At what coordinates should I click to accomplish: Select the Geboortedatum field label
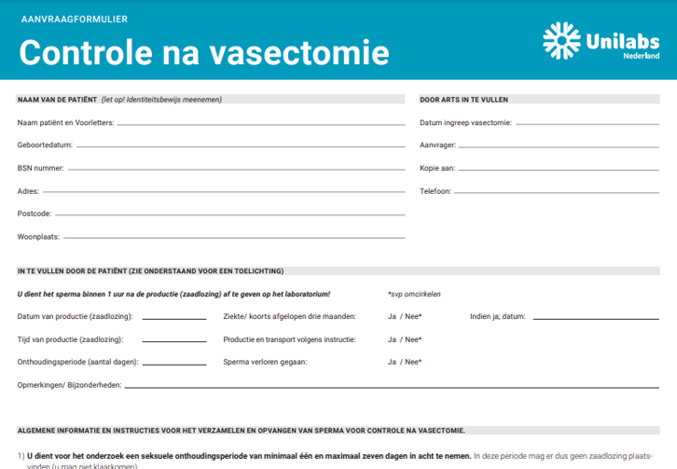point(44,145)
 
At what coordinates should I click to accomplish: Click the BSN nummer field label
point(40,168)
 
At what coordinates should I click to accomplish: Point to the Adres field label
point(28,191)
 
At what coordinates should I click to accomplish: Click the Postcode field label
point(34,214)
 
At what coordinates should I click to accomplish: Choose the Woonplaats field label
point(38,237)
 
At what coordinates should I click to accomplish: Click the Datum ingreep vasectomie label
point(465,122)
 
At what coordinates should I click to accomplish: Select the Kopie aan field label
point(437,168)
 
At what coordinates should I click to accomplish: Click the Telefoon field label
point(435,191)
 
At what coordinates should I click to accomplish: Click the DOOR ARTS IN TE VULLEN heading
point(463,99)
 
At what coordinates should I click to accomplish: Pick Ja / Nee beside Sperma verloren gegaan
point(404,362)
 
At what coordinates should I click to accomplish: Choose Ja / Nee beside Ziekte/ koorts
point(404,317)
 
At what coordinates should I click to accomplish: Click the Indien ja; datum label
point(497,317)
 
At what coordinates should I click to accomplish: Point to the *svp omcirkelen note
point(414,294)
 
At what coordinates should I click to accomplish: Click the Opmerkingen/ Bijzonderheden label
point(69,384)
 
